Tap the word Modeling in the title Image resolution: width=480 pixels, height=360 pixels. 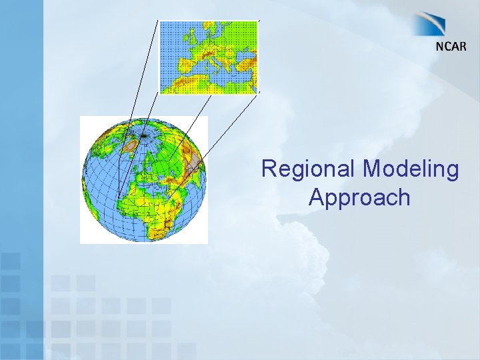[411, 169]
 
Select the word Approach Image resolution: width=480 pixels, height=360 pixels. [359, 197]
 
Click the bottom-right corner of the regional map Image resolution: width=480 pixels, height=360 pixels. [257, 93]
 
